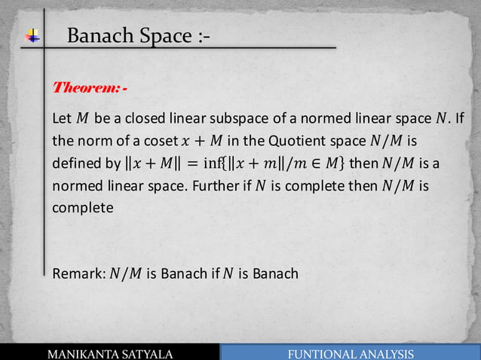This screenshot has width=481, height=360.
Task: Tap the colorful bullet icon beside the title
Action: pyautogui.click(x=33, y=35)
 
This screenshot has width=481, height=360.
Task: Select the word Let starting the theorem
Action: pyautogui.click(x=62, y=119)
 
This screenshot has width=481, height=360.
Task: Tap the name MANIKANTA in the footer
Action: pyautogui.click(x=87, y=354)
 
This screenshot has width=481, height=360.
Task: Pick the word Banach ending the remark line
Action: pyautogui.click(x=276, y=273)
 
